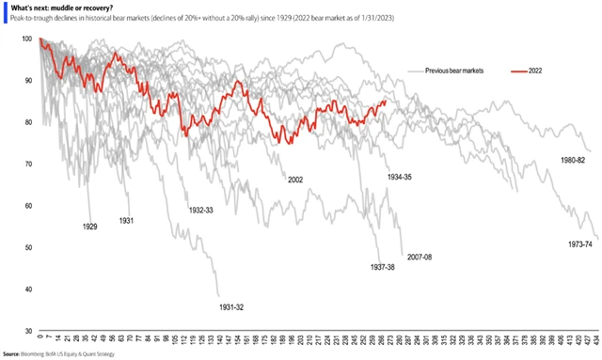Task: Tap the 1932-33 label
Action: tap(200, 210)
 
